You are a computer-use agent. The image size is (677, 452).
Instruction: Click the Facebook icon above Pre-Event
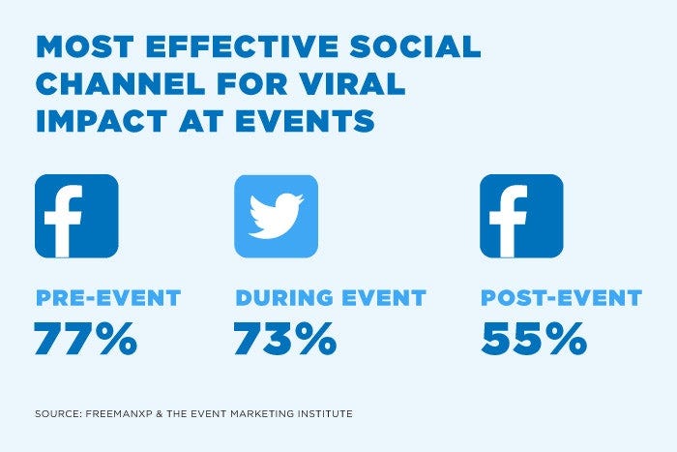click(76, 216)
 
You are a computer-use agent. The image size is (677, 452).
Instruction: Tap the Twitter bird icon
click(276, 216)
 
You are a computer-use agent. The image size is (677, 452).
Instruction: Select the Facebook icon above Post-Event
click(521, 216)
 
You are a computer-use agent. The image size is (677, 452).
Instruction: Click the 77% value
click(85, 338)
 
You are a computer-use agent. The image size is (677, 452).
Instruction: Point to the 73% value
click(284, 338)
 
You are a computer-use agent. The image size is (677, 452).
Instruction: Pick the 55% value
click(533, 338)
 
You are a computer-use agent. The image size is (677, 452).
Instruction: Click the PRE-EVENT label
click(108, 297)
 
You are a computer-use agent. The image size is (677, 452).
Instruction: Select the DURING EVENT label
click(330, 297)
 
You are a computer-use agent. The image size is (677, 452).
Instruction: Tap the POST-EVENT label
click(561, 297)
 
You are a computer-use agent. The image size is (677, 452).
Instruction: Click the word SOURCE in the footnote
click(56, 414)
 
